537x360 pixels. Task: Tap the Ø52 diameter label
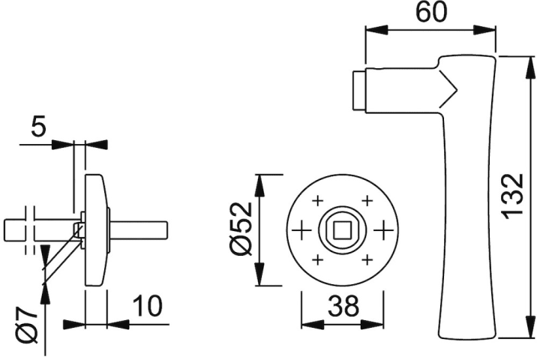click(x=241, y=229)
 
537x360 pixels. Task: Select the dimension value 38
click(x=343, y=305)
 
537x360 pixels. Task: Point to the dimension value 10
click(x=147, y=306)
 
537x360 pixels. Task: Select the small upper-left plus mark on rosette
click(x=318, y=200)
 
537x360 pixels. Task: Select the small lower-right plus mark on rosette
click(x=367, y=259)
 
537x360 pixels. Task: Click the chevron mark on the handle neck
click(x=448, y=90)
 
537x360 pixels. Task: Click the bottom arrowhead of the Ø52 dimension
click(x=261, y=274)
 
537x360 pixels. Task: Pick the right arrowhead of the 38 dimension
click(x=372, y=325)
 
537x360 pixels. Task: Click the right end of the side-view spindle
click(x=167, y=229)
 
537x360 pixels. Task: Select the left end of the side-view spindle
click(x=4, y=229)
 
